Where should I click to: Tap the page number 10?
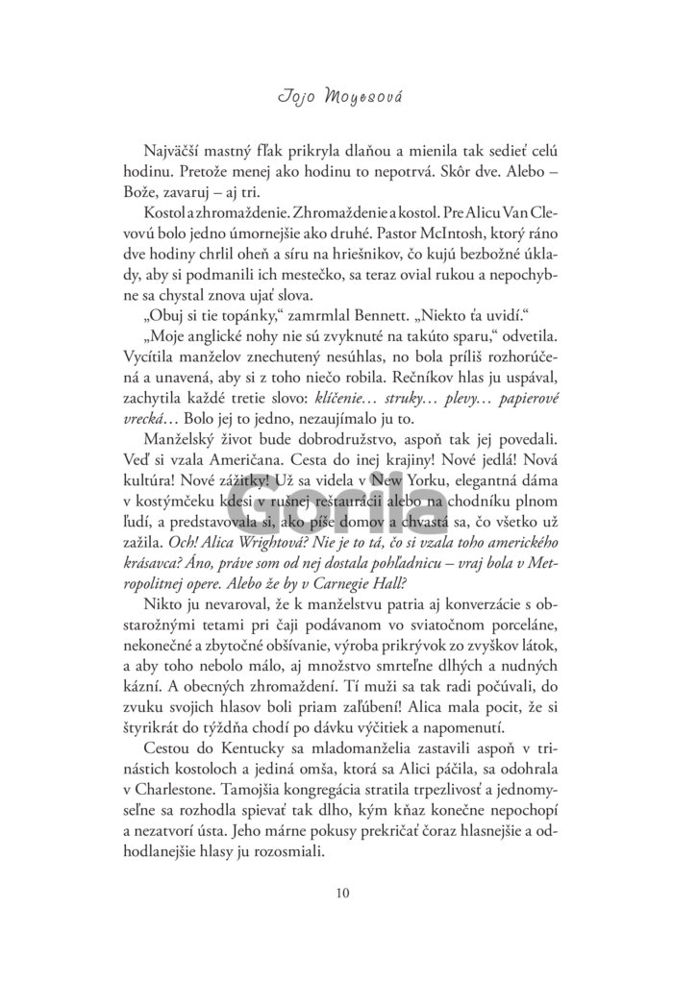(x=336, y=893)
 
